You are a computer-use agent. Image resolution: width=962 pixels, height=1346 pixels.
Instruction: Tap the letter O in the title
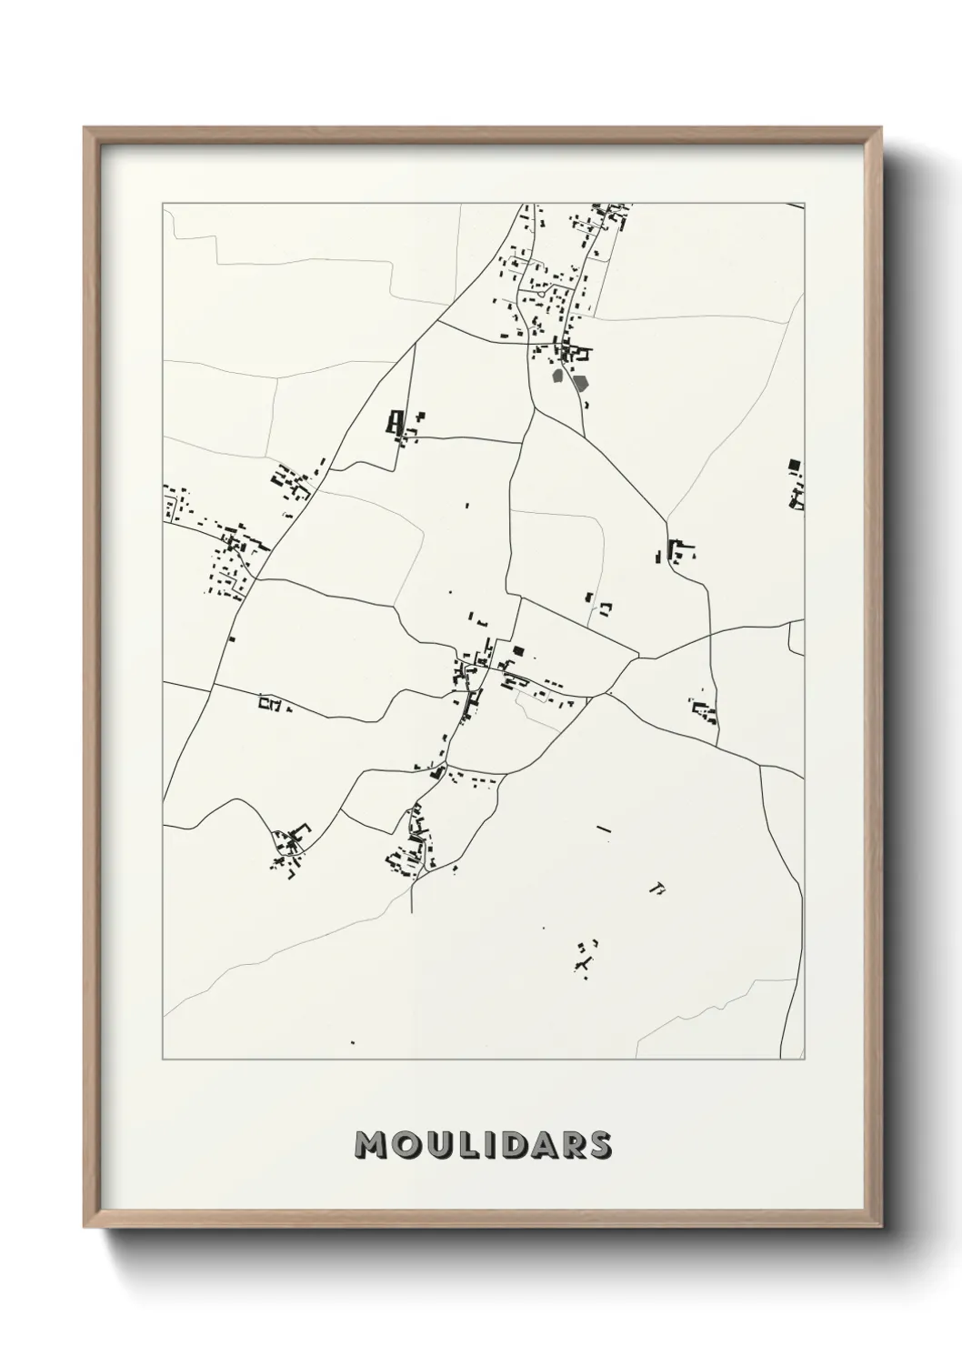(407, 1146)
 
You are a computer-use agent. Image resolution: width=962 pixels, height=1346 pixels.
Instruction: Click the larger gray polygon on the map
(581, 383)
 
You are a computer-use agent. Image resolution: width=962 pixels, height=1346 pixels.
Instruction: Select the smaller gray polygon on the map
(558, 374)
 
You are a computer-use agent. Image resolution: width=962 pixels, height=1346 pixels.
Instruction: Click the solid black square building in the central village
(518, 650)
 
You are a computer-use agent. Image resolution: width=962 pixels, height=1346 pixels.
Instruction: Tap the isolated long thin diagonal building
(603, 829)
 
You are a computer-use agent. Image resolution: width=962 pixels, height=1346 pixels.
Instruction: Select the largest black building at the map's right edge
(794, 465)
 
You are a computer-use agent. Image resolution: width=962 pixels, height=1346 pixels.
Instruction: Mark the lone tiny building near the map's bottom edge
(352, 1042)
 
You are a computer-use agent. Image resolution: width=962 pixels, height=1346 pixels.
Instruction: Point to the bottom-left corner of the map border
(164, 1059)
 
